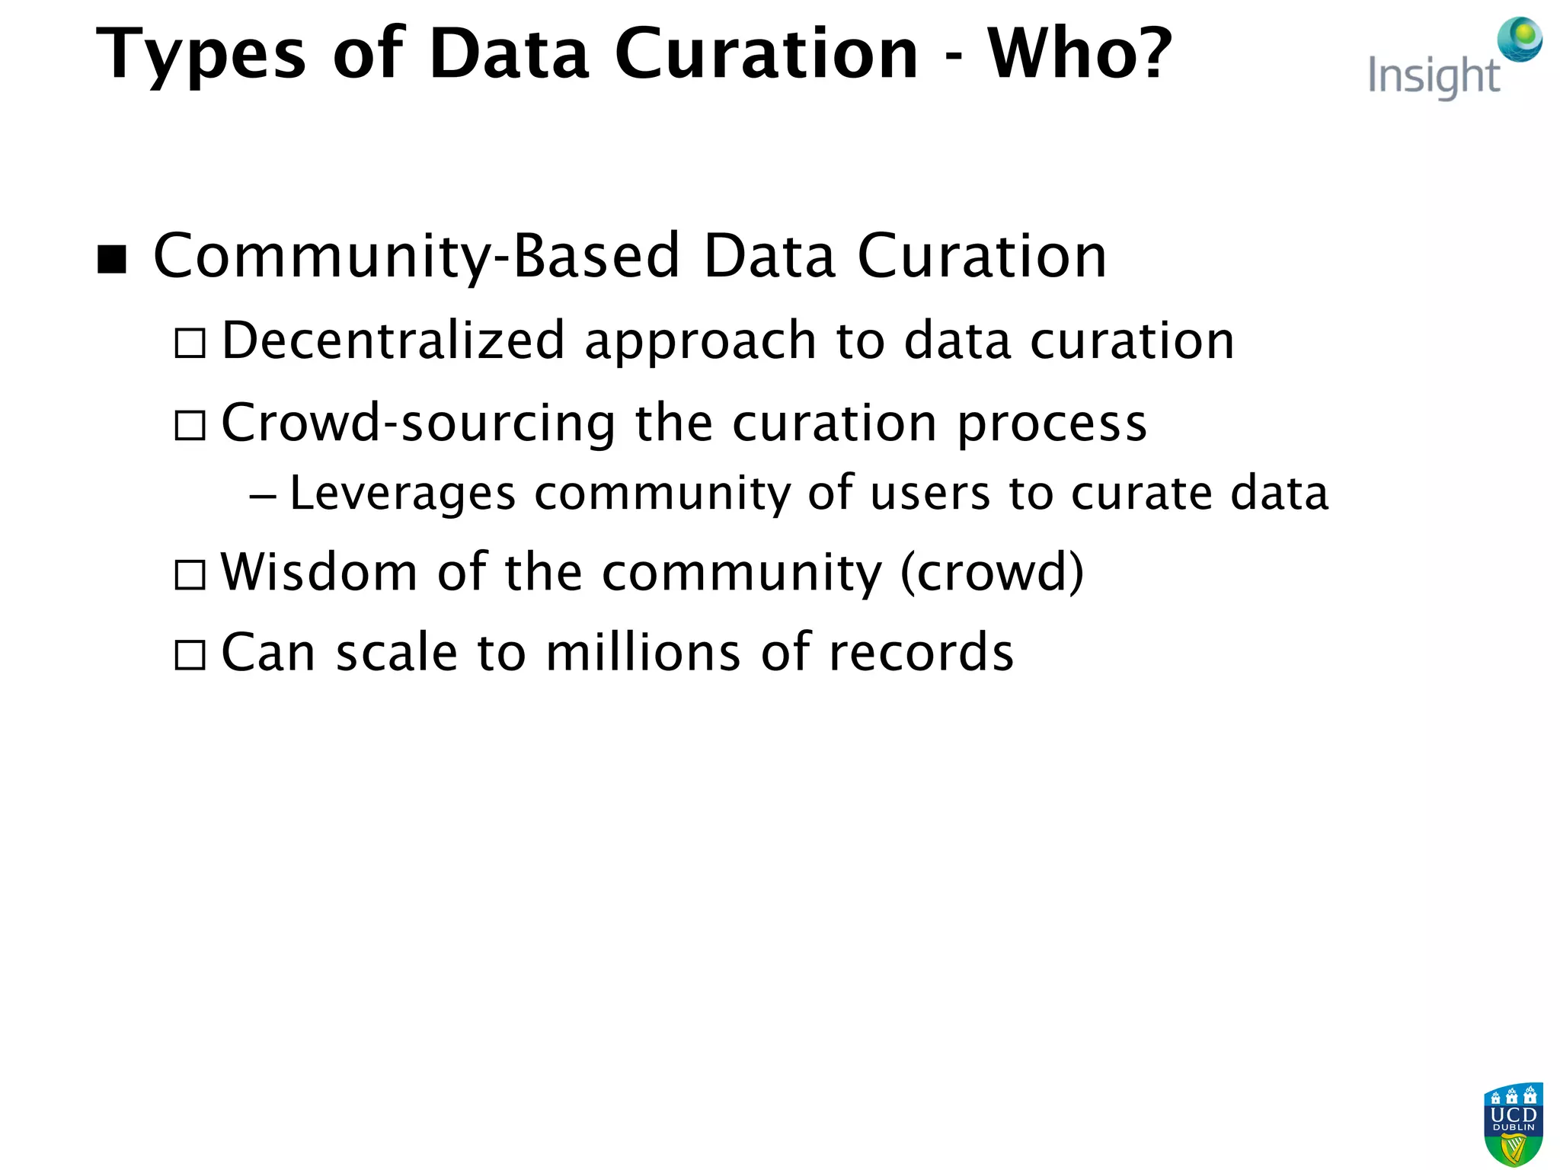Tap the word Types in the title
(200, 55)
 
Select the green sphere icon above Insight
(1520, 39)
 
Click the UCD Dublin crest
(1513, 1124)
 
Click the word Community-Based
(416, 257)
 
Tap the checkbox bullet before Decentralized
(190, 343)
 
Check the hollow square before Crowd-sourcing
(190, 425)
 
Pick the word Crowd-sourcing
(418, 423)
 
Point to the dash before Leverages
(263, 496)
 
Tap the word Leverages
(403, 494)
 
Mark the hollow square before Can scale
(190, 654)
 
